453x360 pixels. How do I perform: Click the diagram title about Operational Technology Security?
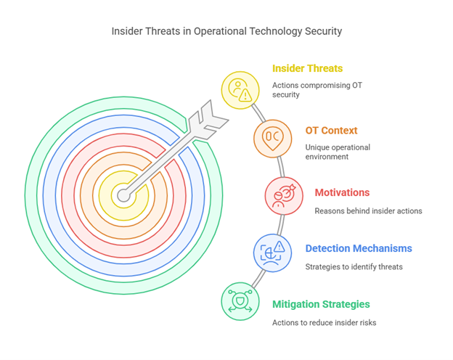[x=226, y=31]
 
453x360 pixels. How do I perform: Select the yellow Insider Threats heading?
[x=307, y=68]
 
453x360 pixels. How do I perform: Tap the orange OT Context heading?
[x=331, y=131]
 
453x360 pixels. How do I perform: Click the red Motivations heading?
[x=342, y=192]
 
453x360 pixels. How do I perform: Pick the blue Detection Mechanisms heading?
[x=359, y=248]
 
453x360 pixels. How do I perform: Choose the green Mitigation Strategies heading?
[x=321, y=304]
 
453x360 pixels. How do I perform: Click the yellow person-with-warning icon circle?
[x=240, y=91]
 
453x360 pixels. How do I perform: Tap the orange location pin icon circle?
[x=273, y=139]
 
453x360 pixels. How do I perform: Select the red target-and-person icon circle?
[x=284, y=196]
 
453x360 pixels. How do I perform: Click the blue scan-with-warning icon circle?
[x=272, y=253]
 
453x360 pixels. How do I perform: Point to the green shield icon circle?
[x=240, y=301]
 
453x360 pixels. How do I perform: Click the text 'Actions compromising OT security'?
[x=317, y=90]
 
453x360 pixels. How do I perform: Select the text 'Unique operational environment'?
[x=338, y=152]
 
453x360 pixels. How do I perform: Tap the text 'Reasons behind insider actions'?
[x=368, y=211]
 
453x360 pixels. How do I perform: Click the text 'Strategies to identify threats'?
[x=354, y=266]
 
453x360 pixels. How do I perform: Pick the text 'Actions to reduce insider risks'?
[x=325, y=322]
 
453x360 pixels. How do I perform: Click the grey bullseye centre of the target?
[x=123, y=195]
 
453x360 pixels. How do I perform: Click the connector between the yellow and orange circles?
[x=258, y=113]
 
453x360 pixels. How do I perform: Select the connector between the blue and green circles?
[x=258, y=279]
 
